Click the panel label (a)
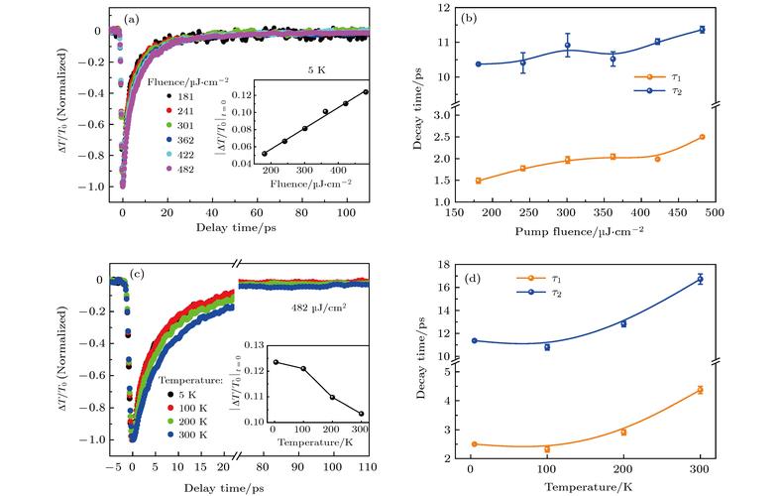(x=134, y=16)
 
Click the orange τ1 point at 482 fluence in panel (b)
(x=702, y=137)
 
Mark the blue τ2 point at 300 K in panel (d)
(x=701, y=279)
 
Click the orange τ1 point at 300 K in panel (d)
(x=701, y=390)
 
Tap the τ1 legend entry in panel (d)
(x=541, y=281)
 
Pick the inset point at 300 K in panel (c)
(x=361, y=414)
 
